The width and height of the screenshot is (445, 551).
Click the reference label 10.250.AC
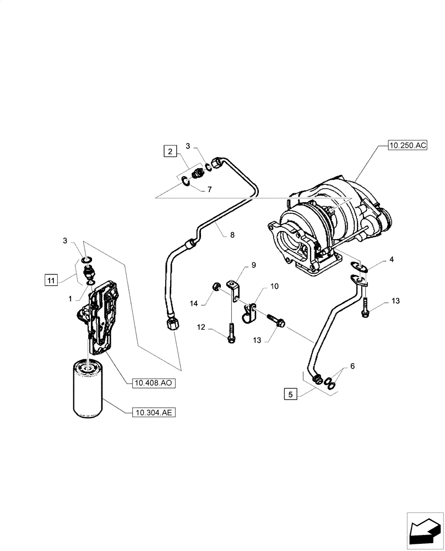pyautogui.click(x=408, y=145)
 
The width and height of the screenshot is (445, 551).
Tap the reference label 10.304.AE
pyautogui.click(x=154, y=412)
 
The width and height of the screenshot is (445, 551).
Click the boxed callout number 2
pyautogui.click(x=170, y=151)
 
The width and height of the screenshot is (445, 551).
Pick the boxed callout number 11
pyautogui.click(x=51, y=281)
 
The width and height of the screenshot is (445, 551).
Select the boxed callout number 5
pyautogui.click(x=291, y=394)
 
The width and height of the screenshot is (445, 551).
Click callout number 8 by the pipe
pyautogui.click(x=232, y=235)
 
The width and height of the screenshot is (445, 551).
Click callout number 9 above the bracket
pyautogui.click(x=254, y=265)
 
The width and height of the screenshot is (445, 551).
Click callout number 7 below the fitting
pyautogui.click(x=209, y=189)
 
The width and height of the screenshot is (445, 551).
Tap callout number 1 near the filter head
pyautogui.click(x=70, y=298)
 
